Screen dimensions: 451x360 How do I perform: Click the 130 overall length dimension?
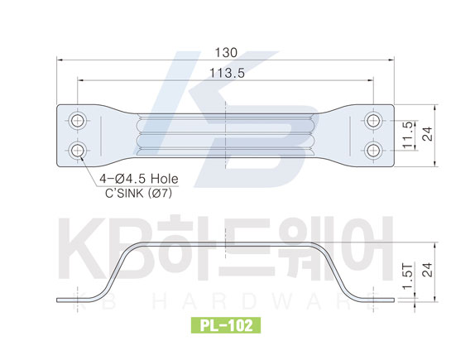(226, 53)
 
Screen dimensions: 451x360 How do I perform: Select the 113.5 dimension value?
(227, 73)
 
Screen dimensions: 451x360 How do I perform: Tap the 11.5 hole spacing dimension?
(410, 135)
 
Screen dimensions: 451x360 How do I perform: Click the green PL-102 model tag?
(226, 325)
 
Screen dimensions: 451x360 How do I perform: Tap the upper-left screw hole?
(77, 120)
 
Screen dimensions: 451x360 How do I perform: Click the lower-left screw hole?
(77, 150)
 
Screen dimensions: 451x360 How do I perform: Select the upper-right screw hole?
(373, 120)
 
